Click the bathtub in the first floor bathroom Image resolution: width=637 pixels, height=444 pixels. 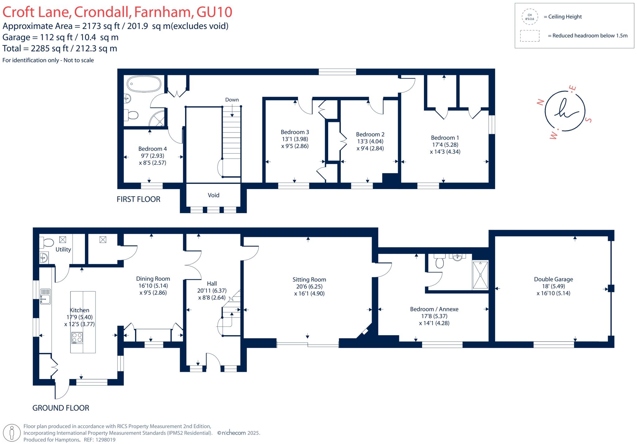[144, 84]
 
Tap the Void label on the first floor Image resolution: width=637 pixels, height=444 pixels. [213, 195]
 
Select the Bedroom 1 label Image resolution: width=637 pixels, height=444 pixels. [445, 138]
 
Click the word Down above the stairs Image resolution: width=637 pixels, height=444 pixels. [232, 100]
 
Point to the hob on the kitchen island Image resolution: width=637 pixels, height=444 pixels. [77, 338]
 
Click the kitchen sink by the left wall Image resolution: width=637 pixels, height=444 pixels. [45, 297]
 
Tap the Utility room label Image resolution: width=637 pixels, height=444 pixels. [63, 249]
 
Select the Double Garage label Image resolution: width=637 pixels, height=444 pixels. [553, 279]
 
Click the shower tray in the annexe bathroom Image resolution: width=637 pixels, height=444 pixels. [480, 275]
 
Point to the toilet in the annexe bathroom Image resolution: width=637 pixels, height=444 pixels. [439, 262]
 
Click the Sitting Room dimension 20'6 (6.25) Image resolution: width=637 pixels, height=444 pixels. [309, 286]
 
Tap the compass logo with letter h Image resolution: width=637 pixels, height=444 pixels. [565, 111]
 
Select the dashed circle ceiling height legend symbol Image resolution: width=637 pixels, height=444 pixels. [529, 17]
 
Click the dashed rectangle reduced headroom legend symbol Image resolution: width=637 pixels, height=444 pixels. [529, 36]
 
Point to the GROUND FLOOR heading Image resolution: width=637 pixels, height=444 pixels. [61, 408]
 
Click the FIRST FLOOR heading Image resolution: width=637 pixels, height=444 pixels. [138, 199]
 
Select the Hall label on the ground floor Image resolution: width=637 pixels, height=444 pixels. [212, 284]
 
